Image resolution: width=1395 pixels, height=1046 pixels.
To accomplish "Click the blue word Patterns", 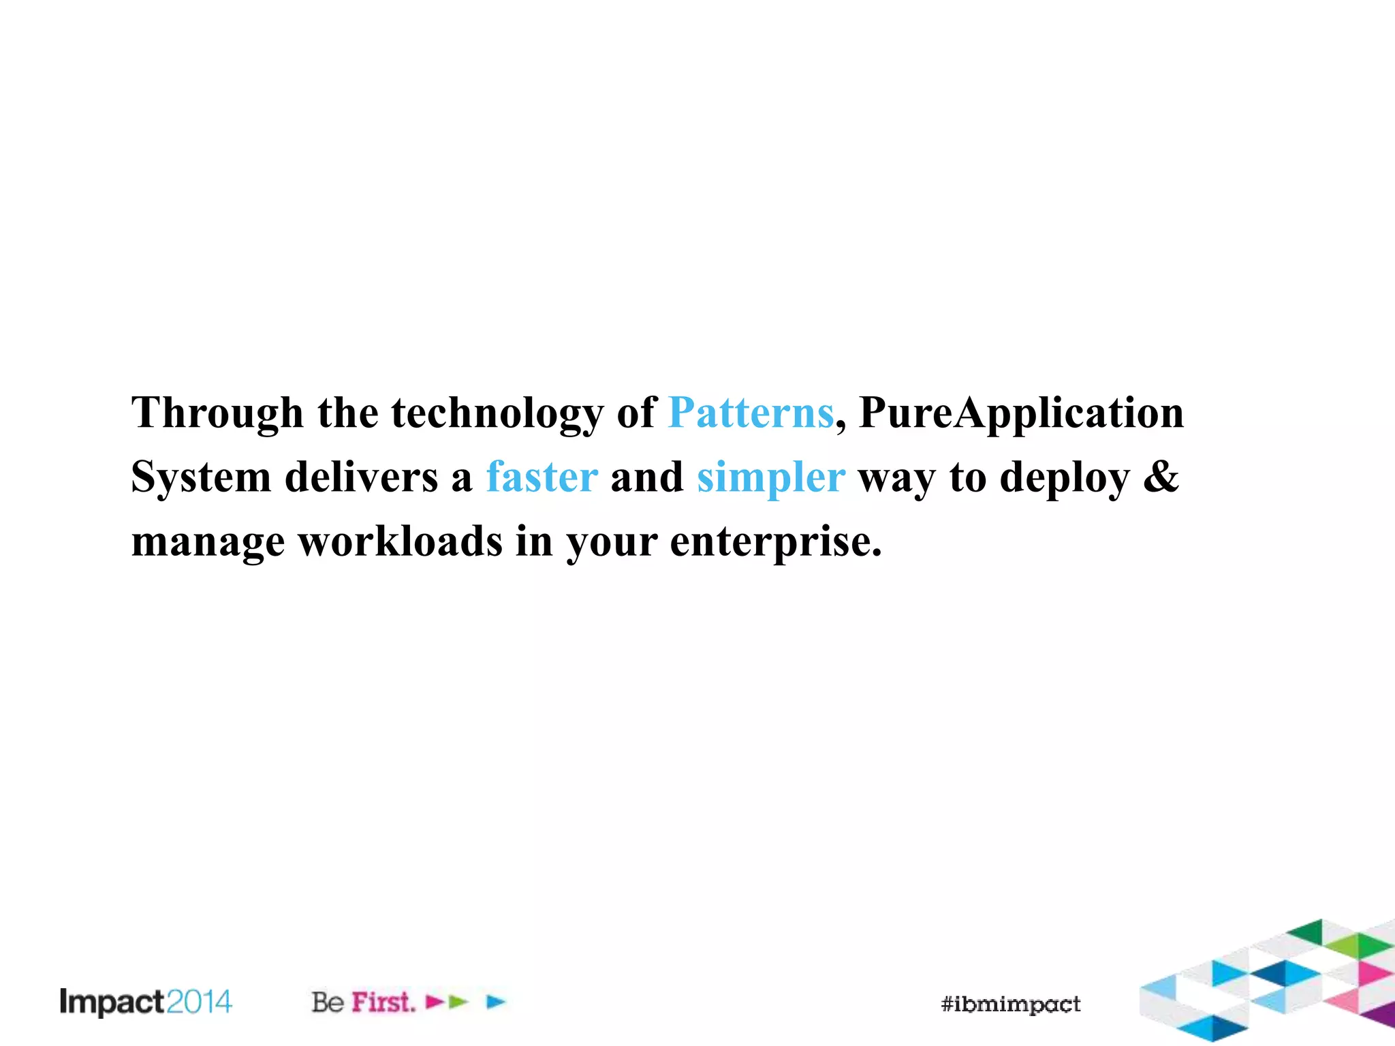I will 751,413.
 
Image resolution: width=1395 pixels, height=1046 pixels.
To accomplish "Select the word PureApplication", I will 1021,413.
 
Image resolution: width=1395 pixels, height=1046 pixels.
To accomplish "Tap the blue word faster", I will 542,477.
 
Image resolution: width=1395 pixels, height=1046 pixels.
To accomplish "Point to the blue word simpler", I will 770,478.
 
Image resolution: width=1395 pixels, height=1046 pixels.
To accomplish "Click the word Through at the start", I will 217,413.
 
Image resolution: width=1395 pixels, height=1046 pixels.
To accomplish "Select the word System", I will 201,478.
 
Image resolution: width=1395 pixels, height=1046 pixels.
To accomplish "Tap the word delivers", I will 361,477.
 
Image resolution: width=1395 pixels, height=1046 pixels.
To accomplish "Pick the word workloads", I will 401,541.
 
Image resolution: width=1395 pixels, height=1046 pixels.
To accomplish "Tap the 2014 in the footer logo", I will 199,1002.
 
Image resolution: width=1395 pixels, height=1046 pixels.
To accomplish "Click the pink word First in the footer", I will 383,1002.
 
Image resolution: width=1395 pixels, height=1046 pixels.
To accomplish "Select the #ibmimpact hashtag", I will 1011,1004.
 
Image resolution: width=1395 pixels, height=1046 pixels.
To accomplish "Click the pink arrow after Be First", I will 435,1002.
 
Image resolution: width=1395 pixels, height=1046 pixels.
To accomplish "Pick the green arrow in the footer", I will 458,1002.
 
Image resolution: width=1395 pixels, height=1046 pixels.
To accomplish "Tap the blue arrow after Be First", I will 497,1002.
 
